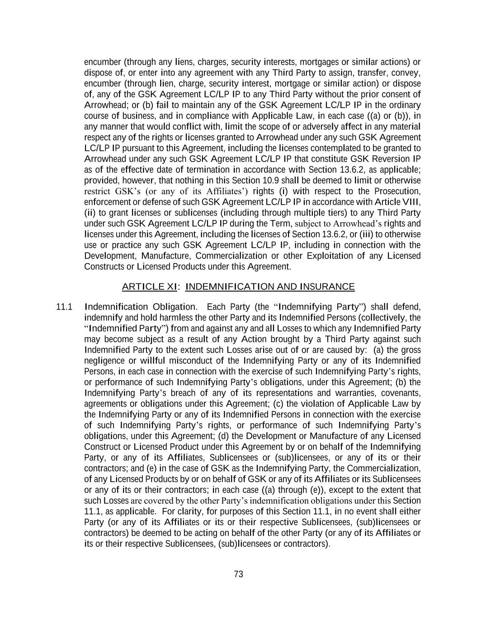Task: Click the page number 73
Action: [239, 574]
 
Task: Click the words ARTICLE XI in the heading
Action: [149, 287]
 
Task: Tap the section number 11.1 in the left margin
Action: [64, 307]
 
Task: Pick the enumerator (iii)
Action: [366, 234]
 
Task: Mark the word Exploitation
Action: [330, 256]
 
